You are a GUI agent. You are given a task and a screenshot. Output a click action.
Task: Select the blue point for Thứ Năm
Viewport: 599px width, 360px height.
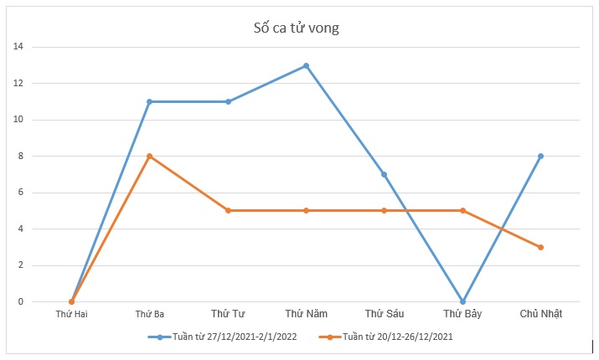tap(306, 65)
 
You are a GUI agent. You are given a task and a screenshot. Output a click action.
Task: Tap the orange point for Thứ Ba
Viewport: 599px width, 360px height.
tap(149, 157)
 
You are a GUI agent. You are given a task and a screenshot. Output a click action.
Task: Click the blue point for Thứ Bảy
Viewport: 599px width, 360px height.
tap(462, 301)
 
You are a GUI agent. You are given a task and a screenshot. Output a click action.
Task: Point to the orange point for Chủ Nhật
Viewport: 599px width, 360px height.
tap(540, 247)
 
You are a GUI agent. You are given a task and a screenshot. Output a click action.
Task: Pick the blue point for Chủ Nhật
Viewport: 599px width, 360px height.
tap(540, 157)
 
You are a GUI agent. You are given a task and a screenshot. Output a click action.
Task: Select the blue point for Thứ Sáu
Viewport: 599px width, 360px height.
tap(384, 174)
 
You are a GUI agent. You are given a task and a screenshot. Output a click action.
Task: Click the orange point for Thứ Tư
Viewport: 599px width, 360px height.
tap(228, 211)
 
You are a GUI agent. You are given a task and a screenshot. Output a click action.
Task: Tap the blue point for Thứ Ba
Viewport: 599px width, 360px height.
tap(149, 102)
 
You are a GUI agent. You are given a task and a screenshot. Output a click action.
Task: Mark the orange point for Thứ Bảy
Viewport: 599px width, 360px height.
tap(462, 211)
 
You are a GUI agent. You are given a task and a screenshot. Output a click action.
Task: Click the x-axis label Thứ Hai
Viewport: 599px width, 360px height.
tap(71, 314)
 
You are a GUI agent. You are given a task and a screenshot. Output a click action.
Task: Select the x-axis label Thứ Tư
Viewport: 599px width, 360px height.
tap(228, 314)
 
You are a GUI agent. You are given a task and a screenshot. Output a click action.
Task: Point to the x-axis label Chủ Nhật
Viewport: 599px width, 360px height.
tap(540, 314)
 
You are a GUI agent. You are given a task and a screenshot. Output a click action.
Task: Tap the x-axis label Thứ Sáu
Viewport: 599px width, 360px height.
tap(384, 314)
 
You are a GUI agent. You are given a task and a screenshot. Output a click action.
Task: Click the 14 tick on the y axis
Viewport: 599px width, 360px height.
tap(18, 47)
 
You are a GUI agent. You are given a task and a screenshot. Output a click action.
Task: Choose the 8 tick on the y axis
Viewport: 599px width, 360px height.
tap(20, 157)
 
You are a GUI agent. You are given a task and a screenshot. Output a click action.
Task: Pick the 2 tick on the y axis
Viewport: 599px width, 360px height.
tap(20, 265)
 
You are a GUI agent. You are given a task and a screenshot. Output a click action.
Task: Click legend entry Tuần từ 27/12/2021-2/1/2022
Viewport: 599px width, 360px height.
tap(228, 337)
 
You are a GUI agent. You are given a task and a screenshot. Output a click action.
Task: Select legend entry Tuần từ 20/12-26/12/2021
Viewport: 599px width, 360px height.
tap(394, 337)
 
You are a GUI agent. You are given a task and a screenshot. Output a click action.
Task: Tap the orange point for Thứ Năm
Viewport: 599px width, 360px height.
tap(306, 211)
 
